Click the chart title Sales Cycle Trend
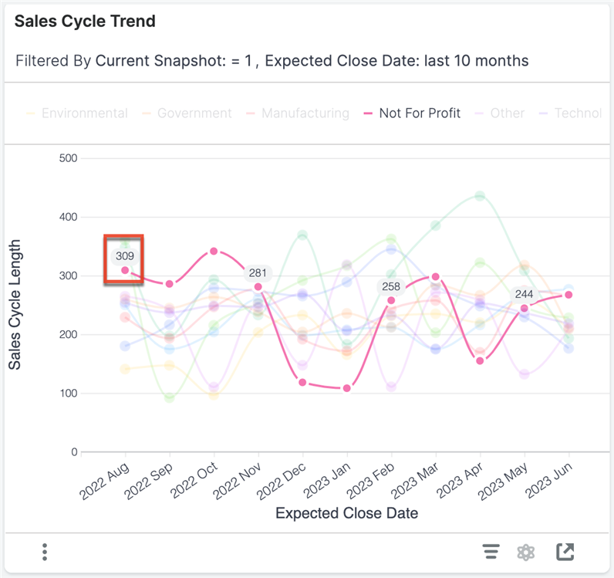85,22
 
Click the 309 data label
125,255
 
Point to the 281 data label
258,273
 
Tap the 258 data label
390,287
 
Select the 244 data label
524,294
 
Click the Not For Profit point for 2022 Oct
214,251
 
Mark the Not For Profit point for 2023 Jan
347,388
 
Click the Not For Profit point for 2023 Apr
480,361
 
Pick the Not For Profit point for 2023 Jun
568,295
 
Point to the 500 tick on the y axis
69,158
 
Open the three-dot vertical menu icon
46,552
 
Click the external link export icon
565,552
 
